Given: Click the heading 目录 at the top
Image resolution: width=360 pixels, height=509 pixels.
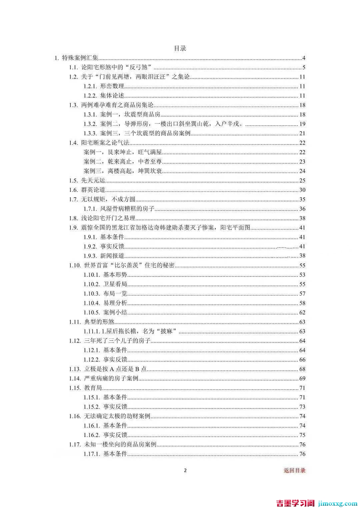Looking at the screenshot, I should pyautogui.click(x=180, y=48).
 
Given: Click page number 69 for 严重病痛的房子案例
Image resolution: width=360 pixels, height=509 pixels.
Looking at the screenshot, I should pyautogui.click(x=302, y=378).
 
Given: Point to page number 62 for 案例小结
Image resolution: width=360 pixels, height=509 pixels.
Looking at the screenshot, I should pyautogui.click(x=302, y=312).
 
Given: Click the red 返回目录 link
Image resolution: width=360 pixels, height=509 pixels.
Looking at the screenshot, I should pyautogui.click(x=294, y=470).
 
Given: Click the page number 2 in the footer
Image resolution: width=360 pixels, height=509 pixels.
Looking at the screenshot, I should pyautogui.click(x=186, y=470).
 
